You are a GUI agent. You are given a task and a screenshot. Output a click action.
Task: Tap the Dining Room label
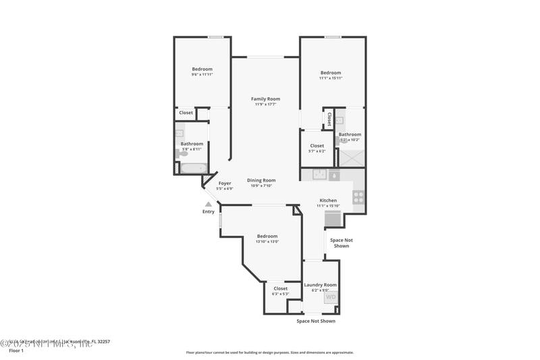(261, 180)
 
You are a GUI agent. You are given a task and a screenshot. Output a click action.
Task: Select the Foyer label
(225, 183)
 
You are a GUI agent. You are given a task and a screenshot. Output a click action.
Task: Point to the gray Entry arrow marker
(209, 204)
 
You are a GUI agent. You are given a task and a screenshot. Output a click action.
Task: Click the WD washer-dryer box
(331, 297)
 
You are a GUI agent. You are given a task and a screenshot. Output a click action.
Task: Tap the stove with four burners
(358, 197)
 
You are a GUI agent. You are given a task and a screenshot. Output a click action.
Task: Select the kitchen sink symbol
(334, 176)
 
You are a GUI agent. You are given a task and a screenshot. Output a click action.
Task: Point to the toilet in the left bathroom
(183, 154)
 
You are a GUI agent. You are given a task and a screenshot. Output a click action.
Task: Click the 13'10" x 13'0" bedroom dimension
(267, 241)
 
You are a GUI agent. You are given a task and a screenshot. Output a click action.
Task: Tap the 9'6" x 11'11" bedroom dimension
(202, 74)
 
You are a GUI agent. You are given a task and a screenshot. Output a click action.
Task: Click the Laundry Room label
(320, 285)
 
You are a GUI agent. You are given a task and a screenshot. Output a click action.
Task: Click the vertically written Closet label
(329, 119)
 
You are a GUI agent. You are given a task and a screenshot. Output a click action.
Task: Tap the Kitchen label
(328, 200)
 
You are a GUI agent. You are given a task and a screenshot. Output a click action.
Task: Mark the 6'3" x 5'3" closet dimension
(280, 294)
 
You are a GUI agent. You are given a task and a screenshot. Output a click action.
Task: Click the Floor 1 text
(16, 351)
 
